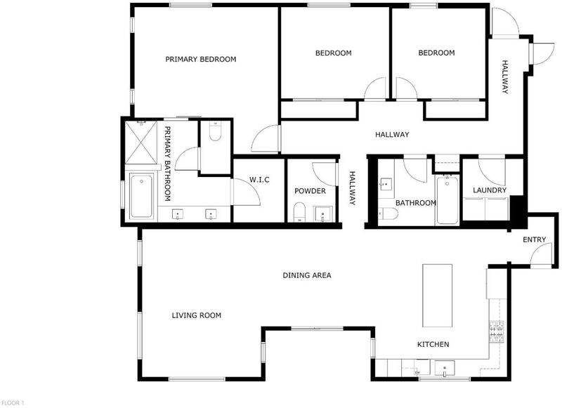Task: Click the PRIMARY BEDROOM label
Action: tap(201, 59)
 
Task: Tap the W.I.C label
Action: tap(259, 180)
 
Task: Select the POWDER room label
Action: tap(310, 191)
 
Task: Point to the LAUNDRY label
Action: tap(490, 190)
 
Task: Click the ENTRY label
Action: tap(535, 239)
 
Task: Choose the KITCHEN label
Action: tap(433, 344)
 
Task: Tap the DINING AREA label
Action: tap(307, 275)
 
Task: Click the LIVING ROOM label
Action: tap(197, 315)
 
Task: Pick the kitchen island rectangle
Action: tap(437, 296)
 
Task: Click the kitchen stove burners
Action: tap(497, 331)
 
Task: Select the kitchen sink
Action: tap(445, 369)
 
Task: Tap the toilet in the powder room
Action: tap(299, 212)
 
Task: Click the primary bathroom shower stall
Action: tap(142, 143)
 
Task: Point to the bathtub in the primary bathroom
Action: tap(141, 196)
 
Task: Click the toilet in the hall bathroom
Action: tap(388, 214)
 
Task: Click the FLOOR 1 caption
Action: tap(12, 403)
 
